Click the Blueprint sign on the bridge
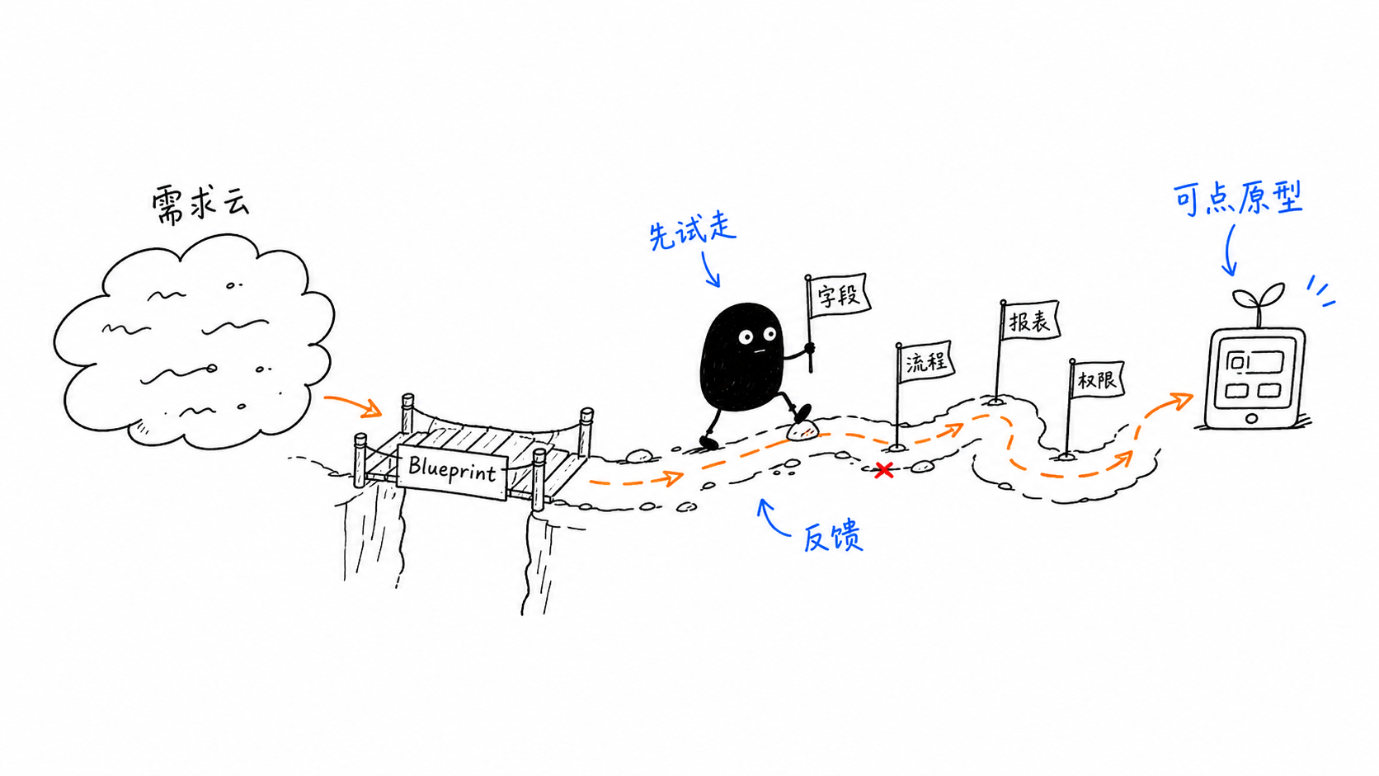point(452,471)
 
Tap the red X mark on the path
point(884,471)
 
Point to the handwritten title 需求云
point(200,204)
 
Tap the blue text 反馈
point(833,537)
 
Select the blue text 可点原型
point(1238,198)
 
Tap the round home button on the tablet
point(1251,418)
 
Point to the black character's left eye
point(746,336)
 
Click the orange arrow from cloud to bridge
point(353,403)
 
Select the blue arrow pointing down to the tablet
point(1228,250)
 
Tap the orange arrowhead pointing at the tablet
point(1182,400)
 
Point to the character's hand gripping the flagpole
point(809,350)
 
